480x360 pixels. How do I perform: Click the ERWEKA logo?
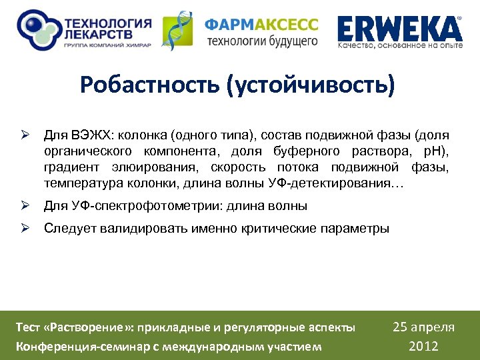(x=399, y=29)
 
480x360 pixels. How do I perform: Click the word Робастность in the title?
(x=151, y=85)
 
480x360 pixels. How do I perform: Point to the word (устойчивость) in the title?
(x=311, y=85)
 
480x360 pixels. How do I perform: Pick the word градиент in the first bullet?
(x=72, y=167)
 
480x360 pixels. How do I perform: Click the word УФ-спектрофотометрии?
(x=137, y=205)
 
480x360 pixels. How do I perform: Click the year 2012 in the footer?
(x=423, y=345)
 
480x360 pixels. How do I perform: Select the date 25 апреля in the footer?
(x=423, y=327)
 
